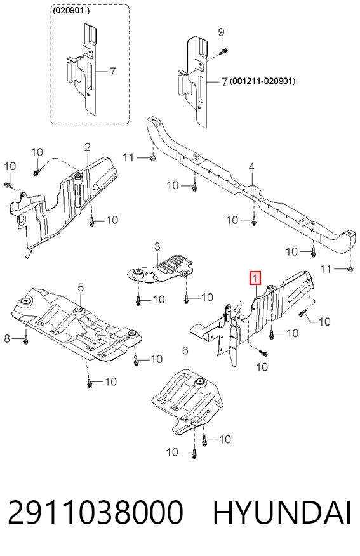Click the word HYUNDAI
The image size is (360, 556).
tap(283, 512)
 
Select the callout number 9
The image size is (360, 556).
tap(221, 32)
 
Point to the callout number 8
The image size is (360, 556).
tap(7, 339)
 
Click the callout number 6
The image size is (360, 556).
tap(185, 351)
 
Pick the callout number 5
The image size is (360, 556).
tap(81, 288)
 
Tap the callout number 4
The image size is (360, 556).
tap(251, 166)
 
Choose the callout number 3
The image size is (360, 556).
tap(157, 246)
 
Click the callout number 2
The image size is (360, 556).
tap(87, 147)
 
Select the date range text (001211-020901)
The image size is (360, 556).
tap(262, 81)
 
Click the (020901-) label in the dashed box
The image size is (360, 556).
tap(71, 11)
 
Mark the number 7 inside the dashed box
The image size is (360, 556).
tap(112, 71)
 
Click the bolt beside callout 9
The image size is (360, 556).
tap(222, 52)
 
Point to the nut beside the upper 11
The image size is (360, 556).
tap(152, 157)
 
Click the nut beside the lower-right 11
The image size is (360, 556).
tap(350, 270)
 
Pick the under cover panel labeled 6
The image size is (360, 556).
tap(187, 402)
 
